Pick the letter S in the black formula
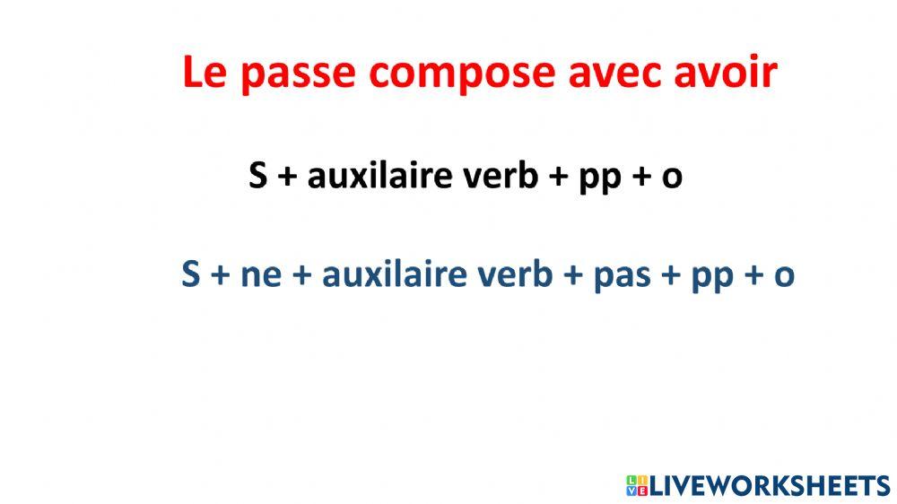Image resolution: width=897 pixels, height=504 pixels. pos(258,177)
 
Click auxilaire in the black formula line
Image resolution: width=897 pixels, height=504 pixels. pos(379,177)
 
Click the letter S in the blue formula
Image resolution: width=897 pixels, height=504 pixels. pos(190,274)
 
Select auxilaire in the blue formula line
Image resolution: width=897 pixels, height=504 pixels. pos(393,274)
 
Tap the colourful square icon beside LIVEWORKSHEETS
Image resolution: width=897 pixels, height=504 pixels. pos(637,486)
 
